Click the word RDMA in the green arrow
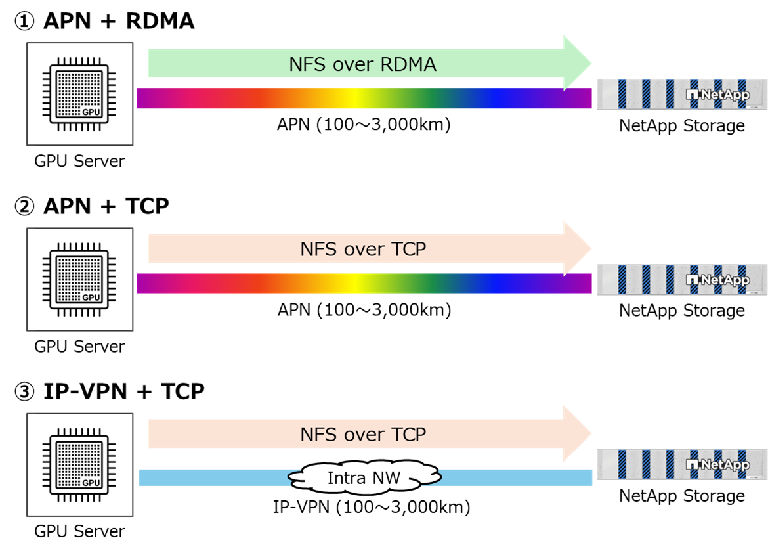tap(406, 64)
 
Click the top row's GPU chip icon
tap(79, 94)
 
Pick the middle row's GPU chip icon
tap(79, 279)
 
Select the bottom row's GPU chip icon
tap(79, 464)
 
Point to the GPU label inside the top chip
tap(91, 112)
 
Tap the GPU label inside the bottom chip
tap(91, 483)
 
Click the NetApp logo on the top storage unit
tap(717, 95)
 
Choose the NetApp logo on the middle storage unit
tap(717, 280)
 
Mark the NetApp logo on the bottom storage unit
tap(717, 465)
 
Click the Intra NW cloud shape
tap(365, 478)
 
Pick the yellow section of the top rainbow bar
tap(354, 99)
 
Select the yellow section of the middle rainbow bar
tap(354, 284)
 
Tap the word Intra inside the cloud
tap(346, 479)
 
